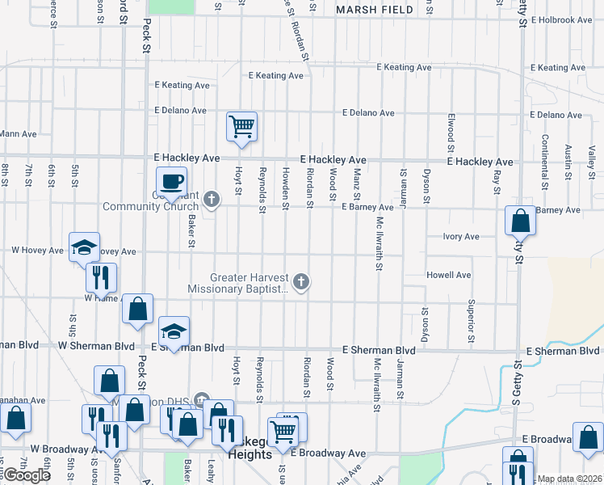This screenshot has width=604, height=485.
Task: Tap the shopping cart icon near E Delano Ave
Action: (241, 127)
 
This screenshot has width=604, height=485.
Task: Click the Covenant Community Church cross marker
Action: (212, 199)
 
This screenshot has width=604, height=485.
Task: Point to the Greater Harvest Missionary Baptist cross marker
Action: (301, 281)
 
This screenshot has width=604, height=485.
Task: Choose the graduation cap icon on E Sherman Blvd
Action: (174, 331)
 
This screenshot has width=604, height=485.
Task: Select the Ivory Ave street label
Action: (460, 237)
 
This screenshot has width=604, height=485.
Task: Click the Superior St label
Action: (470, 318)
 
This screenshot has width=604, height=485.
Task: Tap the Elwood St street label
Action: (450, 133)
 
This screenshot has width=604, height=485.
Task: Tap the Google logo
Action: (27, 475)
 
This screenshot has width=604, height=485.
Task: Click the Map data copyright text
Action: (570, 479)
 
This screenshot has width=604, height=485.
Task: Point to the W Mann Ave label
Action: (18, 133)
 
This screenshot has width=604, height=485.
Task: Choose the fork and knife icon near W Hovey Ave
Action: (101, 278)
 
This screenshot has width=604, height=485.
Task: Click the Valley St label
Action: (592, 158)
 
